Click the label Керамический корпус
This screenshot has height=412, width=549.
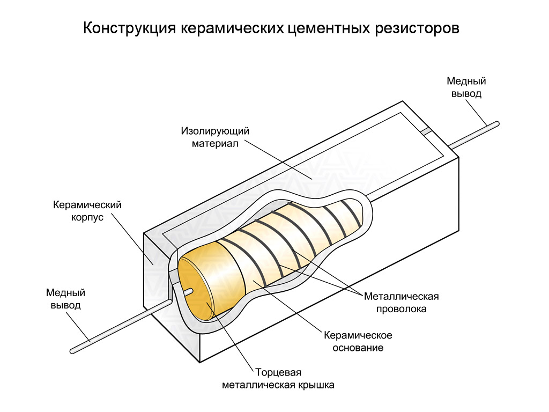87,211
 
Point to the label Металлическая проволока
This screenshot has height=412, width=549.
401,303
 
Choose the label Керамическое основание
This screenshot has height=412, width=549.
358,341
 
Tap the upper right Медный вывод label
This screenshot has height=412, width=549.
466,87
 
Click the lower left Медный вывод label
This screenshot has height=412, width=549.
65,299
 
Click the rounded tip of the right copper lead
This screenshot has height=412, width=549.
496,124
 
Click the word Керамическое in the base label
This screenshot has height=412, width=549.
358,335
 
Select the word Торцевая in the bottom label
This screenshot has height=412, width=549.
278,372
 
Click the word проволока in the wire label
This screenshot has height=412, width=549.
401,309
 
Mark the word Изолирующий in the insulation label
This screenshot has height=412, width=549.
215,131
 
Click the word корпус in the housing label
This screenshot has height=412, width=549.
87,218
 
